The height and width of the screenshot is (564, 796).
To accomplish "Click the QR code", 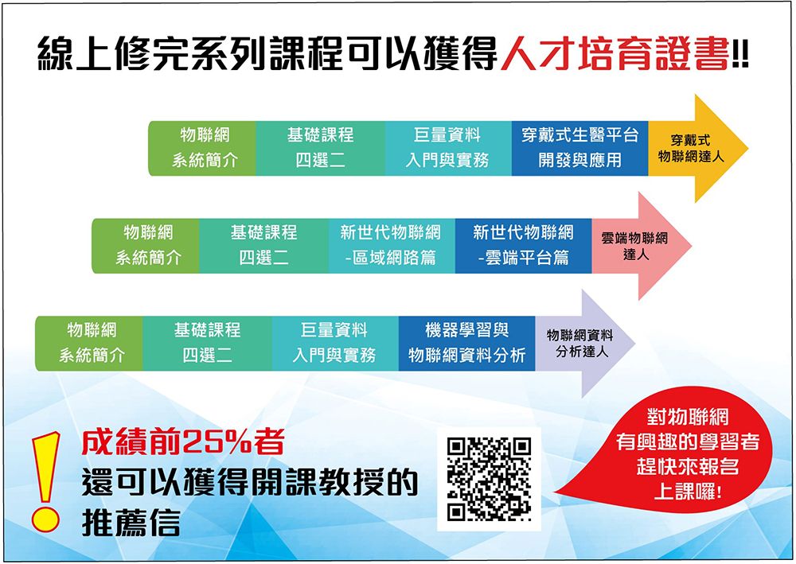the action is [489, 480].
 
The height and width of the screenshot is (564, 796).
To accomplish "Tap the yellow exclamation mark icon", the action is [45, 481].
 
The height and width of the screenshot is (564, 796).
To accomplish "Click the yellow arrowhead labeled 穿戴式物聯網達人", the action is [697, 148].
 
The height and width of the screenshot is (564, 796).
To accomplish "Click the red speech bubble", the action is [675, 450].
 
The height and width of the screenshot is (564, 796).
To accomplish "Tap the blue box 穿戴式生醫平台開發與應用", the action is [579, 148].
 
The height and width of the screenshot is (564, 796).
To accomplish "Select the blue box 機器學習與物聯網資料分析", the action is [467, 344].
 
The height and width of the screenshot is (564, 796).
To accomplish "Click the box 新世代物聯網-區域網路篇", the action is [392, 246].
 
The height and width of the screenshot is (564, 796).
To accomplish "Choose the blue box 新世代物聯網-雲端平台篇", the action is [524, 246].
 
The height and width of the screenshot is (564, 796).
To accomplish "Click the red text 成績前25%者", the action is [183, 441].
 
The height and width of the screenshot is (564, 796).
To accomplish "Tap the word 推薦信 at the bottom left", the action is [131, 523].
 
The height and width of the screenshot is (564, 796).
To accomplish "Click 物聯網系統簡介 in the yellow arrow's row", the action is [205, 148].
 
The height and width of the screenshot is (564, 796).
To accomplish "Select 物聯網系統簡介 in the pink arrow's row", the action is [148, 246].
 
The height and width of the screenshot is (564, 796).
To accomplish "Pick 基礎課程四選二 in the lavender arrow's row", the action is [207, 344].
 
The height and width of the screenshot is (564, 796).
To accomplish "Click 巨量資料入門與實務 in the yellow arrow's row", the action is [447, 148].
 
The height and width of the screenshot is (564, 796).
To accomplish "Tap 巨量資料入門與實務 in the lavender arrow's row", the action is [335, 344].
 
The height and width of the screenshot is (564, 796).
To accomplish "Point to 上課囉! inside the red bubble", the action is [688, 491].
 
